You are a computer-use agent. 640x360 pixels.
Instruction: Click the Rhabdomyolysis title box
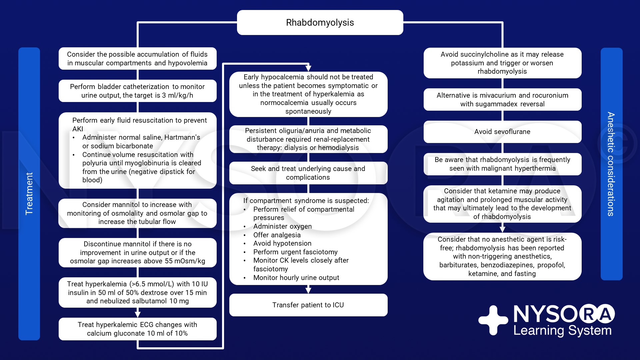(320, 22)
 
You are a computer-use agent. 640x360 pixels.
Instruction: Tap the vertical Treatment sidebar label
(29, 193)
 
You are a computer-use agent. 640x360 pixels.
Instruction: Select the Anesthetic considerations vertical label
(611, 164)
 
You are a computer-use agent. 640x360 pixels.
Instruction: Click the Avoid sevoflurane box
(502, 132)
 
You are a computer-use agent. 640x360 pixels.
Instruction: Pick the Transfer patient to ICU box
(308, 305)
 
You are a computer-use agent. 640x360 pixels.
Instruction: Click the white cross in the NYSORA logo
(493, 320)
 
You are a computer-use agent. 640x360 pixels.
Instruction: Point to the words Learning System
(562, 331)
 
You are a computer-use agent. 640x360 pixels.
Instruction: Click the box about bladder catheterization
(137, 91)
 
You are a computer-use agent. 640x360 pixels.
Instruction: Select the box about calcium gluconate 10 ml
(137, 329)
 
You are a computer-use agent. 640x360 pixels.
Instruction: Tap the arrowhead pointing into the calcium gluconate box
(138, 314)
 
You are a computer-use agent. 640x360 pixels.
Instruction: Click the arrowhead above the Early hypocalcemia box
(308, 68)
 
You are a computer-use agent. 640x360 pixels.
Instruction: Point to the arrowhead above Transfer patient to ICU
(308, 290)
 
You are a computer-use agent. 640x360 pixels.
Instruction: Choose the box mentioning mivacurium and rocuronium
(502, 99)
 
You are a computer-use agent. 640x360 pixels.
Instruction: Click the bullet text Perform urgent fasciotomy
(295, 252)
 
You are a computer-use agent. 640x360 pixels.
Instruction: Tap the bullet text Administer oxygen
(282, 226)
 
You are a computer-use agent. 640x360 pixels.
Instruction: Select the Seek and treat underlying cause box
(308, 173)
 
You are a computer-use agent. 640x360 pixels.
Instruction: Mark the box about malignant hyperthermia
(502, 164)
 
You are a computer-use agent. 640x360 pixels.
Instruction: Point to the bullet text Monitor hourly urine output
(296, 278)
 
